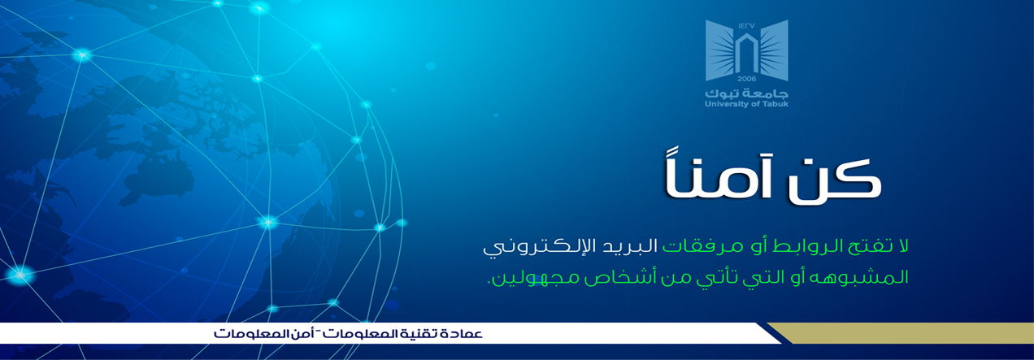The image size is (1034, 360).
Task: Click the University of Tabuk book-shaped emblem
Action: point(746,50)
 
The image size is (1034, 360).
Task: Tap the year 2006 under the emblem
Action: point(746,79)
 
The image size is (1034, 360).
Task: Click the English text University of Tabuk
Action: point(746,104)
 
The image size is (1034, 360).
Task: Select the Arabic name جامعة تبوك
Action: point(746,93)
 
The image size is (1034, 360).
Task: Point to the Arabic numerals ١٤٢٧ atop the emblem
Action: point(746,26)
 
